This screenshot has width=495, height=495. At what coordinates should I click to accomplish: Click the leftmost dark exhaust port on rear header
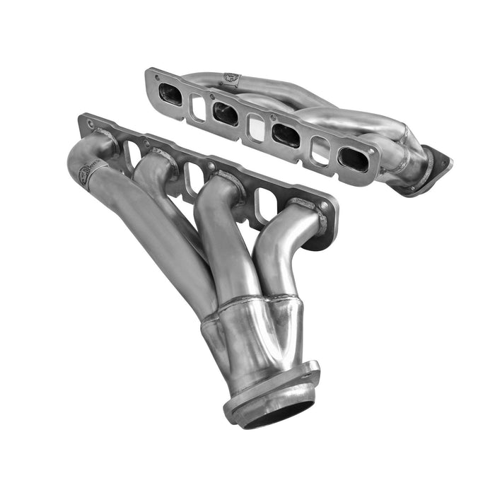pos(170,93)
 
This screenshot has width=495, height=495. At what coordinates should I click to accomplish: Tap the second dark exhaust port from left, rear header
pos(225,112)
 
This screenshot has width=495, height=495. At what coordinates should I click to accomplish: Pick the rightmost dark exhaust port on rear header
pos(353,159)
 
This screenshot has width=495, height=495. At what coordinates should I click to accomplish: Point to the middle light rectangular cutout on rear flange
pos(256,127)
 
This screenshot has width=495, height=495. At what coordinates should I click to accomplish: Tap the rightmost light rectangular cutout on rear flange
pos(320,151)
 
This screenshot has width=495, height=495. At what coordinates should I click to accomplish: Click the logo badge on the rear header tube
pos(231,78)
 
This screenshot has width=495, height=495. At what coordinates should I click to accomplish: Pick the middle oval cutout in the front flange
pos(192,179)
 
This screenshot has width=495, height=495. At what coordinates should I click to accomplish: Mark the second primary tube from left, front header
pos(166,205)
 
